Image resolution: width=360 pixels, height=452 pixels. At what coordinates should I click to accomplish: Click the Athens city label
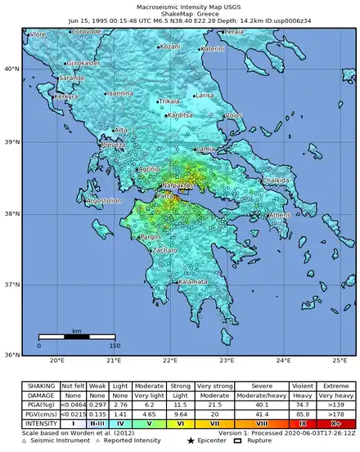point(280,215)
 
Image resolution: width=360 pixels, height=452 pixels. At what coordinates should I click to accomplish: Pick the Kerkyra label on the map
point(66,97)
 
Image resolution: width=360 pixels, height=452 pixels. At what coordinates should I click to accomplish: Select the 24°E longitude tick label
point(284,360)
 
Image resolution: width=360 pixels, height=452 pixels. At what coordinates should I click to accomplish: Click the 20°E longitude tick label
point(57,360)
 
